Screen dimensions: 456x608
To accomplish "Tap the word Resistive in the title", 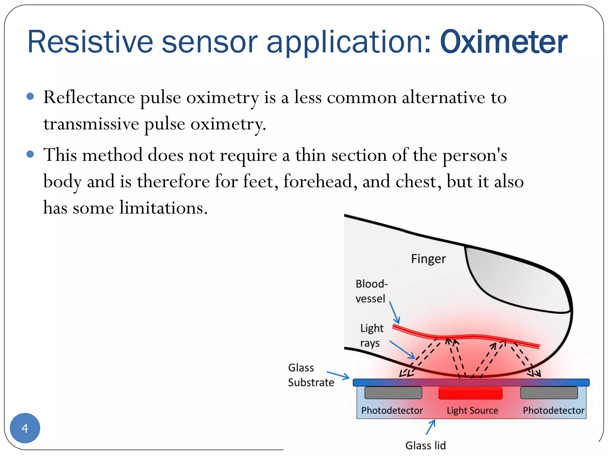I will pos(90,42).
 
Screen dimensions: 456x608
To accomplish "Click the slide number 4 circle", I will pos(25,428).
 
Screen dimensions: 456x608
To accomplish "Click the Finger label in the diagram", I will pos(428,259).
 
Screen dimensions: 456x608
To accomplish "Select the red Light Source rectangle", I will pos(470,393).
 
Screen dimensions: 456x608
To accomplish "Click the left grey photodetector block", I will pos(393,393).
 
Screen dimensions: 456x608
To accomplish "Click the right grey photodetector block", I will pos(549,393).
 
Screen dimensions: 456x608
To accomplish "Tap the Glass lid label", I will pos(425,445).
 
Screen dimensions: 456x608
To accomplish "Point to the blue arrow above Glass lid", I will pos(431,427).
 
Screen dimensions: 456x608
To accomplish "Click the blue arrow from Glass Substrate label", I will pos(338,375).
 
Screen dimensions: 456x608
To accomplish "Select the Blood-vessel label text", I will pos(371,291).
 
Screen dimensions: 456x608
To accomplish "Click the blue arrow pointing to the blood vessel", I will pos(395,313).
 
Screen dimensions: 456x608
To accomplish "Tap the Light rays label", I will pos(371,335).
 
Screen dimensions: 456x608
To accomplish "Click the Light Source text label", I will pos(472,411).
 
